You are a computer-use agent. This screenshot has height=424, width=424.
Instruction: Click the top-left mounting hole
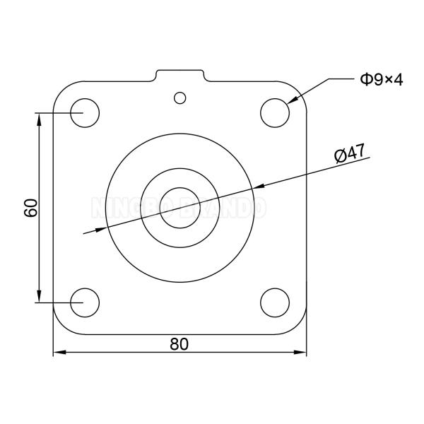pos(85,112)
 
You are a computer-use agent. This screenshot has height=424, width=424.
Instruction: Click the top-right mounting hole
pos(274,112)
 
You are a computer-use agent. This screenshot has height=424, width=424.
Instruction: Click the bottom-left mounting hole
pos(85,302)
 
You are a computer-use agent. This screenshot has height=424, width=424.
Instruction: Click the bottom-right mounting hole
pos(274,302)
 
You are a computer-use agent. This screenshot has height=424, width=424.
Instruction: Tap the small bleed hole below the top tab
pos(180,97)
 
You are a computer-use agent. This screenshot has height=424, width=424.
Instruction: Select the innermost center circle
pos(179,207)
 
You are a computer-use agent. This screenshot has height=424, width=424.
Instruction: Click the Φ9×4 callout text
pos(381,79)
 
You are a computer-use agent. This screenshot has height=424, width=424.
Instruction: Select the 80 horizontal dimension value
pos(179,343)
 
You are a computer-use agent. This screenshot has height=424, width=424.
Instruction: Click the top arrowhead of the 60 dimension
pos(40,117)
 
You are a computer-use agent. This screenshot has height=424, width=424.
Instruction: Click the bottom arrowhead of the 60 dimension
pos(40,297)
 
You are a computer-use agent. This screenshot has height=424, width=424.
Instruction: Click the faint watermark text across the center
pos(179,208)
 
